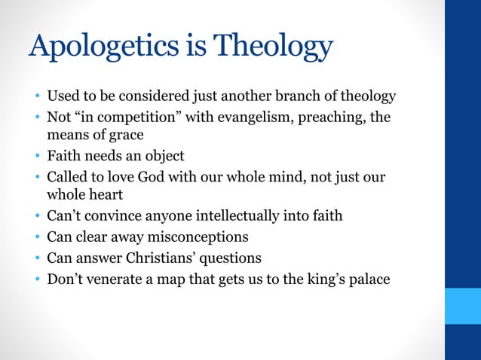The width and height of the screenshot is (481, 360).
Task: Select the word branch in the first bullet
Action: point(296,97)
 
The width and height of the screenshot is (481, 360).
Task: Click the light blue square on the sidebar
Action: point(462,305)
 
